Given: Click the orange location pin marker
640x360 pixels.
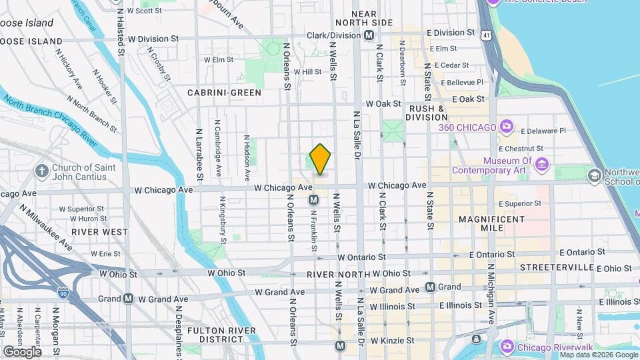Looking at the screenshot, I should pos(321,159).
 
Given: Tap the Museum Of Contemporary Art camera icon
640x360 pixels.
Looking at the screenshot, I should pos(541,164).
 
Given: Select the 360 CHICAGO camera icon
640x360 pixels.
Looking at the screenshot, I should pos(506,127).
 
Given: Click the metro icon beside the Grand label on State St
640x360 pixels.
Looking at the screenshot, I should pos(430,287).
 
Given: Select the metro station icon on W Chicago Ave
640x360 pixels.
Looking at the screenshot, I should pos(313,199).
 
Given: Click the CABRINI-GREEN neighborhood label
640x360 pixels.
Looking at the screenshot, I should pos(224,93).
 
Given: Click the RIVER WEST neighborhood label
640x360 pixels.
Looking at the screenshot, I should pos(101,231).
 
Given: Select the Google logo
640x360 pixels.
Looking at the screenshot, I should pos(22,351).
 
